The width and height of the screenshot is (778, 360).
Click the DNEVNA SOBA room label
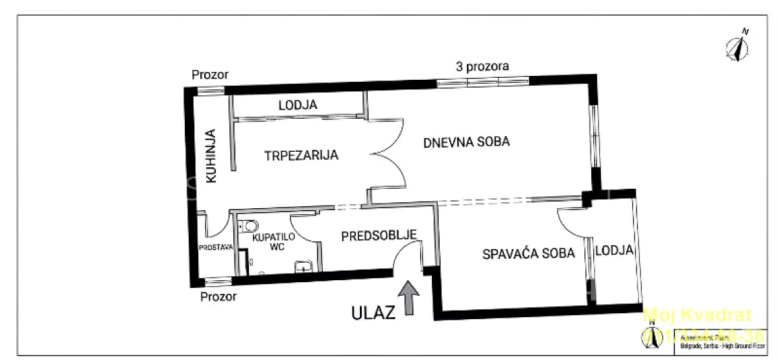coord(466,141)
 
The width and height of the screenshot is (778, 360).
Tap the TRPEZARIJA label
coord(301,155)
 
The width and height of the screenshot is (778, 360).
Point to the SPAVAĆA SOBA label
coord(528,254)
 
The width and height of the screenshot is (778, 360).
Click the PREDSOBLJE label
coord(378,235)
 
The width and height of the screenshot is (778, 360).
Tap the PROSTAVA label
coord(216,247)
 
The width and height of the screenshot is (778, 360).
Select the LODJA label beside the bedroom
coord(613,250)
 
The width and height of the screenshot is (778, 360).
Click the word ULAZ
coord(373,313)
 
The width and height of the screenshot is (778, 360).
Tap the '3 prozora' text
coord(482,66)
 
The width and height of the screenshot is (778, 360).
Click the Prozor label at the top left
coord(210,75)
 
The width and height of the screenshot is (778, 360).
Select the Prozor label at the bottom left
coord(218,296)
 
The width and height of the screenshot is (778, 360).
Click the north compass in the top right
coord(738,45)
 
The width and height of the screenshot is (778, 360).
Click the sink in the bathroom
coord(303,266)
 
